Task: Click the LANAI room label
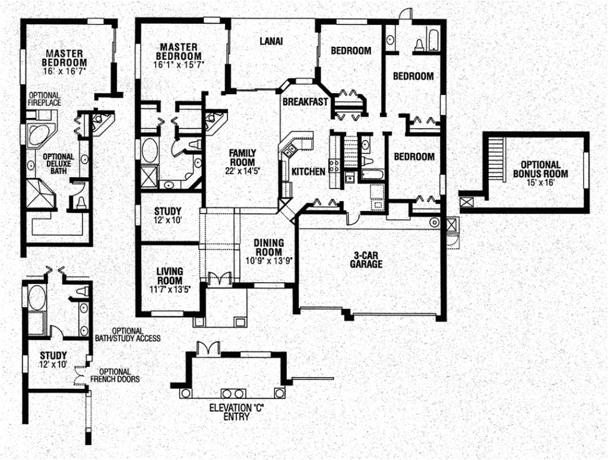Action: pos(271,42)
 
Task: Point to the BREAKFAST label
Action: pos(305,102)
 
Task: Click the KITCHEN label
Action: pos(309,171)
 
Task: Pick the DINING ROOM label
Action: pos(269,247)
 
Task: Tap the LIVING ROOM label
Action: pos(169,275)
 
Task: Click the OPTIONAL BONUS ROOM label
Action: pos(540,169)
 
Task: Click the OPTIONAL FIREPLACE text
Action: pos(44,99)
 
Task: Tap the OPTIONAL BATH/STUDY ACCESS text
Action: pos(136,335)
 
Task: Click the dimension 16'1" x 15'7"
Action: pos(179,64)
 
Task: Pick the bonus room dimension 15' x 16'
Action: pos(540,183)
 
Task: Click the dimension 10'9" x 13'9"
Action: pos(269,261)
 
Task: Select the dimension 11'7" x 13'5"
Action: pos(169,288)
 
